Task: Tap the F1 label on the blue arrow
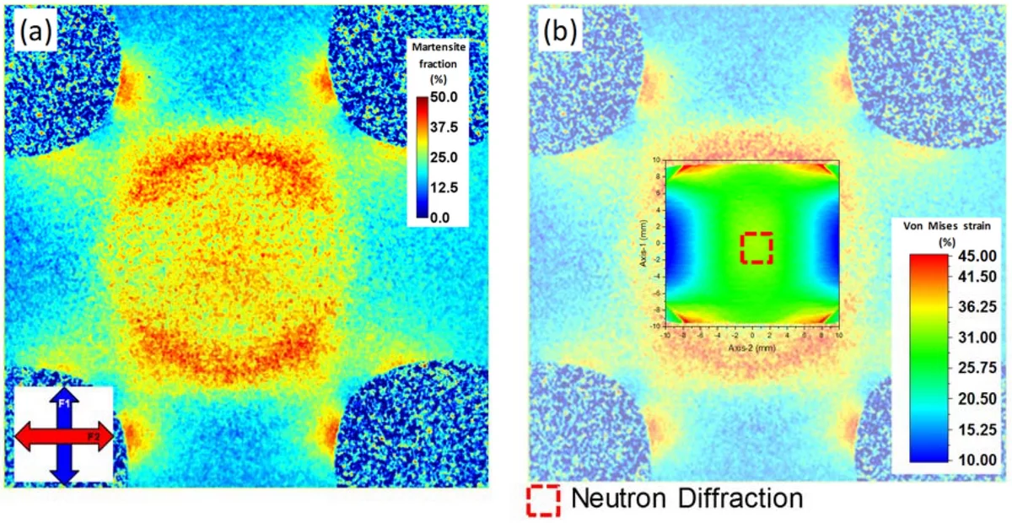(x=65, y=404)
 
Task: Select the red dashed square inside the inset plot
(x=756, y=248)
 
